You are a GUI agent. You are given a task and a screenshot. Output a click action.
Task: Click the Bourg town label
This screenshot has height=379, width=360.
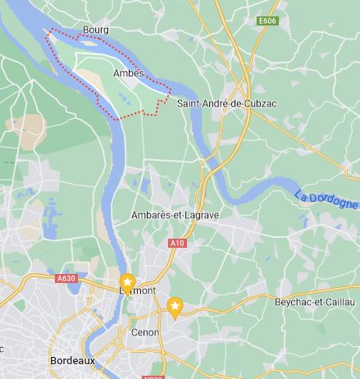coord(95,30)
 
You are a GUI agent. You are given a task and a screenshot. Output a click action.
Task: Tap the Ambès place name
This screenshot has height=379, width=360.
coord(128,73)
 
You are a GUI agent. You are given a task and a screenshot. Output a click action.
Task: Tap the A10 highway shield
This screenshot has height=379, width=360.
coord(177,243)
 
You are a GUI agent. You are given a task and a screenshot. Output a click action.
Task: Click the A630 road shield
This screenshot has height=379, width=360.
coord(66,278)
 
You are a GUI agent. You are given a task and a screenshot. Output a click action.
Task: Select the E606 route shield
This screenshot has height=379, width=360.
coord(267,21)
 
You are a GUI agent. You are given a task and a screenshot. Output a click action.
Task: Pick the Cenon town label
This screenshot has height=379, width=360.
coord(144,333)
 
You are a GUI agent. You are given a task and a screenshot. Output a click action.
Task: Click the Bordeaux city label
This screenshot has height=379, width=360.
coord(72,360)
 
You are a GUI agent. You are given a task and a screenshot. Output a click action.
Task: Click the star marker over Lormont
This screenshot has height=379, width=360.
coord(128,281)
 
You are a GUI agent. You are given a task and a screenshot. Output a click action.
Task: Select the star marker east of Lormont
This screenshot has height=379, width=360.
coord(175,306)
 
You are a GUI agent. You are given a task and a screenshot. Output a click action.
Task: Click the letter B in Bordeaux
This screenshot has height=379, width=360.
coord(53,360)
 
